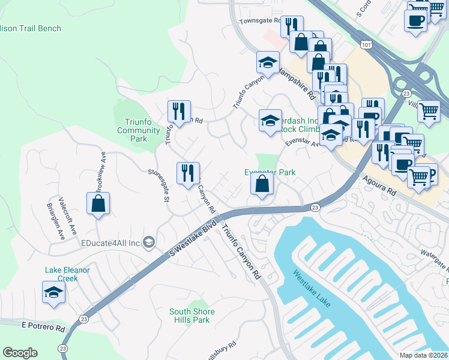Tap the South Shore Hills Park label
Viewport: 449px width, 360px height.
[x=192, y=316]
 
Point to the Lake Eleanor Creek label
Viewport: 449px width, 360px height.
[x=67, y=274]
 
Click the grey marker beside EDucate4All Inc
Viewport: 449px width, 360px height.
[x=149, y=242]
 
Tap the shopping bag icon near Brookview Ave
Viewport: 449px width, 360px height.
[x=98, y=203]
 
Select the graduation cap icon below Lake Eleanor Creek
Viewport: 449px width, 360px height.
[x=53, y=293]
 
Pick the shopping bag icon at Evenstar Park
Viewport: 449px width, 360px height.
[x=262, y=184]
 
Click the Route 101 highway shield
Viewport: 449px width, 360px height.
[x=366, y=44]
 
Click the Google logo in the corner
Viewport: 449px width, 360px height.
[x=20, y=353]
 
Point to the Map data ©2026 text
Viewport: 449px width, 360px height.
[x=423, y=355]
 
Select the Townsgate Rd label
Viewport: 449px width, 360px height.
[x=260, y=20]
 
